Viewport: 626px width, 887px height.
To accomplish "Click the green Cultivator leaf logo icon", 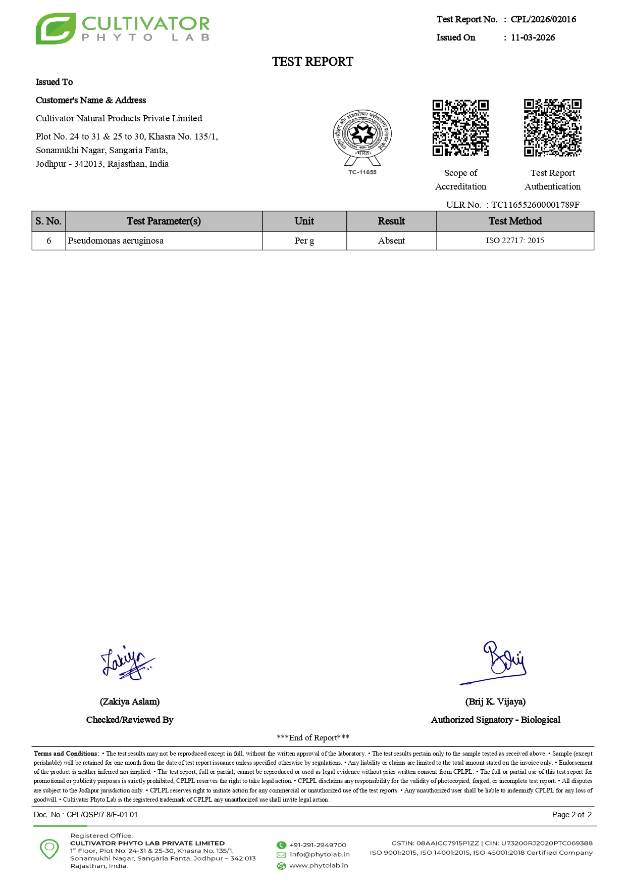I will click(56, 29).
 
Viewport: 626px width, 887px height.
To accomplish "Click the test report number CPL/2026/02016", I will click(543, 19).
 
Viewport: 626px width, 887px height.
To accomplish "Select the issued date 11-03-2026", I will click(533, 37).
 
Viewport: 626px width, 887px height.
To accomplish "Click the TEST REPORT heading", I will click(312, 62).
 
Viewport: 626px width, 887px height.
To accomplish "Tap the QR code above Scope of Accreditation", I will click(460, 128).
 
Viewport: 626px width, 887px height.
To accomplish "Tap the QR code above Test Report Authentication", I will click(552, 128).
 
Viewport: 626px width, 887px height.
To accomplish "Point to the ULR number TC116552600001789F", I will click(535, 205).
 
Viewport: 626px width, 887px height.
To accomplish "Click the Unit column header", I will click(304, 221).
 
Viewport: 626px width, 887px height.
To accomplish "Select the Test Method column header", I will click(515, 221).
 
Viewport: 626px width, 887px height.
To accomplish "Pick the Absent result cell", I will click(391, 241).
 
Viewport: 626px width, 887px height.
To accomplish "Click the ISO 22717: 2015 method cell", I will click(515, 241).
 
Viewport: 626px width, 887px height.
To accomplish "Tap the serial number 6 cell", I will click(49, 241).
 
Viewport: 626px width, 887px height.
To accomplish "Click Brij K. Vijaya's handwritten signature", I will click(500, 662).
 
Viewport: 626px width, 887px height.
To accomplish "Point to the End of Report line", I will click(313, 738).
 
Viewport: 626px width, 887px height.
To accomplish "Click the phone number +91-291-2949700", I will click(318, 845).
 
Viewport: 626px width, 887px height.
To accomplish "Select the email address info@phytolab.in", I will click(320, 855).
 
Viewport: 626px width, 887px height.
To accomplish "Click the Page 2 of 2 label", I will click(571, 815).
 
